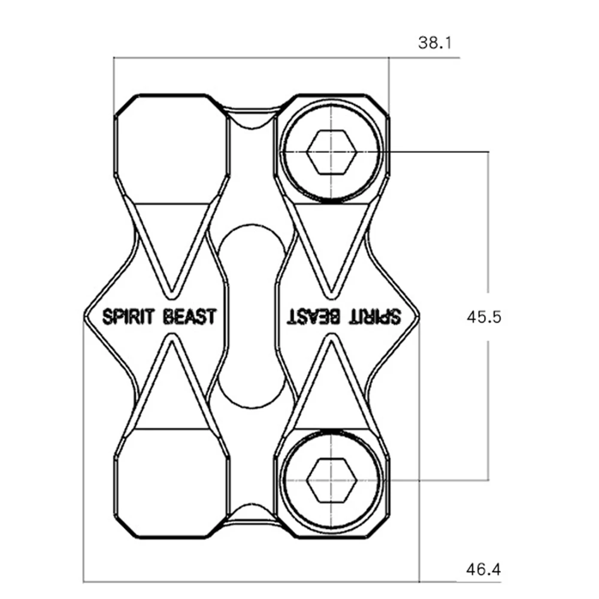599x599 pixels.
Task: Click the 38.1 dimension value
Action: tap(435, 43)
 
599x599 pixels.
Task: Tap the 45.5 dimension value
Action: tap(483, 317)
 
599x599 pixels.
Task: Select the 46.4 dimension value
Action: tap(483, 570)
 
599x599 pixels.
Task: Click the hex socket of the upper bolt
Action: tap(332, 152)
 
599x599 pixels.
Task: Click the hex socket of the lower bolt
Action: tap(332, 480)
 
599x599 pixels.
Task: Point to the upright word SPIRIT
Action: tap(128, 317)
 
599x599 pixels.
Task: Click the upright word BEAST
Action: tap(189, 317)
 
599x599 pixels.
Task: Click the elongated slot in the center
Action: tap(252, 316)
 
